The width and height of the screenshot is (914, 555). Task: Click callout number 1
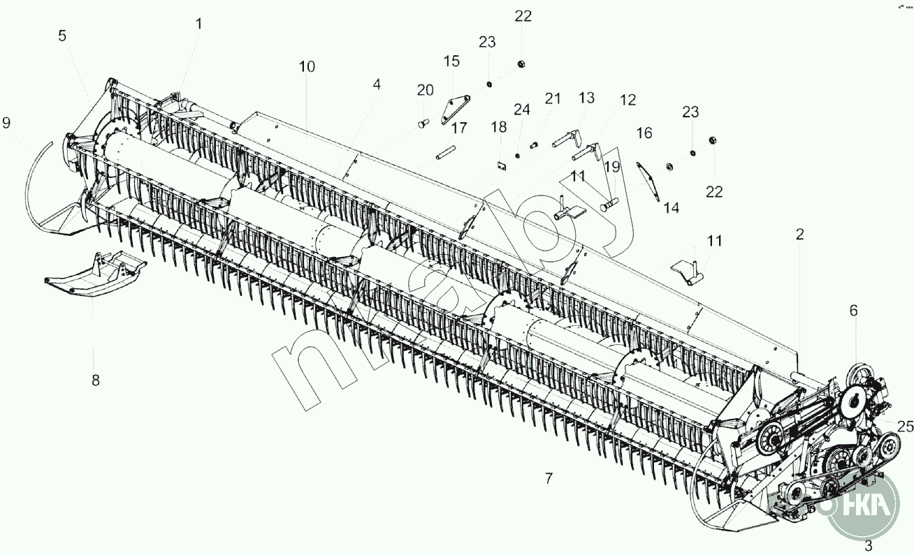click(x=198, y=24)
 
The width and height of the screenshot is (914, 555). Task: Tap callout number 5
click(x=62, y=36)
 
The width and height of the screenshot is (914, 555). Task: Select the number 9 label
click(x=7, y=123)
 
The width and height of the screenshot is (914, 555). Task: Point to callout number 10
click(x=307, y=67)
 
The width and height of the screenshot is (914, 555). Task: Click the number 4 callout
click(x=377, y=84)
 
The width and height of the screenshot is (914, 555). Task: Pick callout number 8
click(x=96, y=380)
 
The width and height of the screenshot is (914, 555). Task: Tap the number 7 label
click(x=549, y=478)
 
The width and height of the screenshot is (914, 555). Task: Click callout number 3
click(x=869, y=546)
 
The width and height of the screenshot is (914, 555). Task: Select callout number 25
click(x=906, y=426)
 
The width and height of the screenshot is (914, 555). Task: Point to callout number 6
click(x=853, y=311)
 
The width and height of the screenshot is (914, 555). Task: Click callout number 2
click(x=799, y=235)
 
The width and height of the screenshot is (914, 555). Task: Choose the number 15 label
click(x=451, y=61)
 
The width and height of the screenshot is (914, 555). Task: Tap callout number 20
click(x=426, y=90)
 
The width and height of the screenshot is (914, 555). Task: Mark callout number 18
click(x=498, y=127)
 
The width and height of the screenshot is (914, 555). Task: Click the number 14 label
click(x=671, y=208)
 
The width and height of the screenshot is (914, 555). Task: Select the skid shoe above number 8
click(x=94, y=274)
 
